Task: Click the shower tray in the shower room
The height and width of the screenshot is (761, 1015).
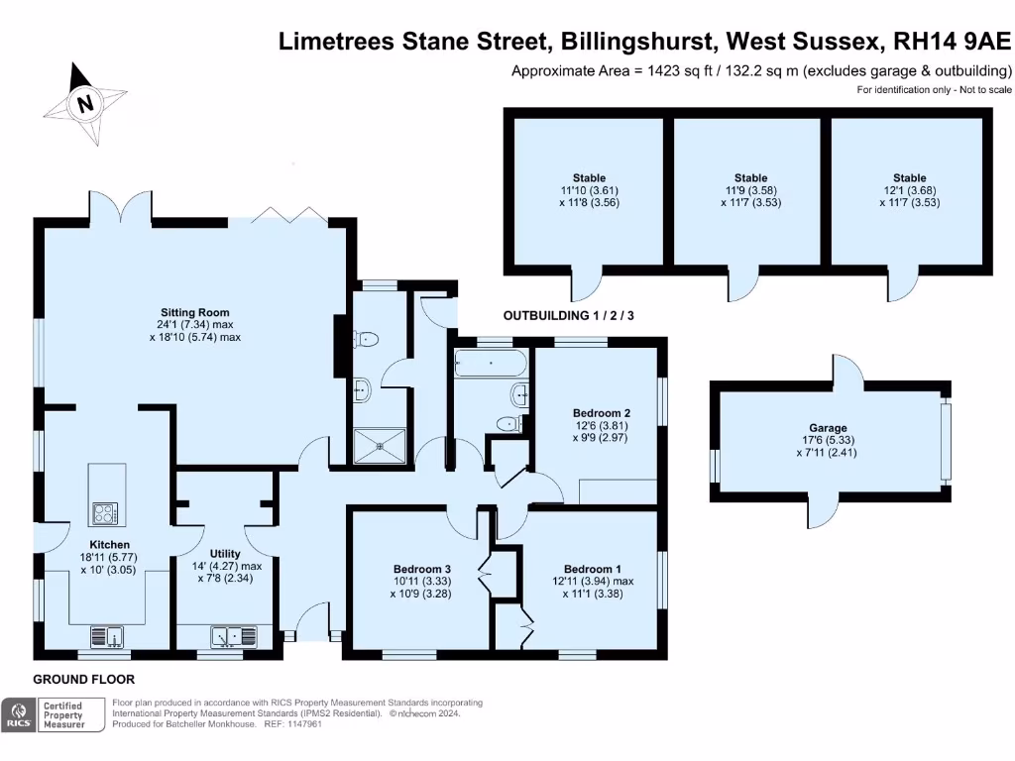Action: point(380,445)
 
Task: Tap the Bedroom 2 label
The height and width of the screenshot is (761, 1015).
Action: point(601,412)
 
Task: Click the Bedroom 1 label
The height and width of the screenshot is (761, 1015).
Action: point(593,569)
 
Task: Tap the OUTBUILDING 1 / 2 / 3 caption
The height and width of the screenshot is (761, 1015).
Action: point(568,316)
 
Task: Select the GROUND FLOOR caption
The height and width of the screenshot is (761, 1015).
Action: point(83,680)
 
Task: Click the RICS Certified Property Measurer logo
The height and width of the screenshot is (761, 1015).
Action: point(55,714)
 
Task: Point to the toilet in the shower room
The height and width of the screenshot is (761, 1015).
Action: point(368,340)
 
